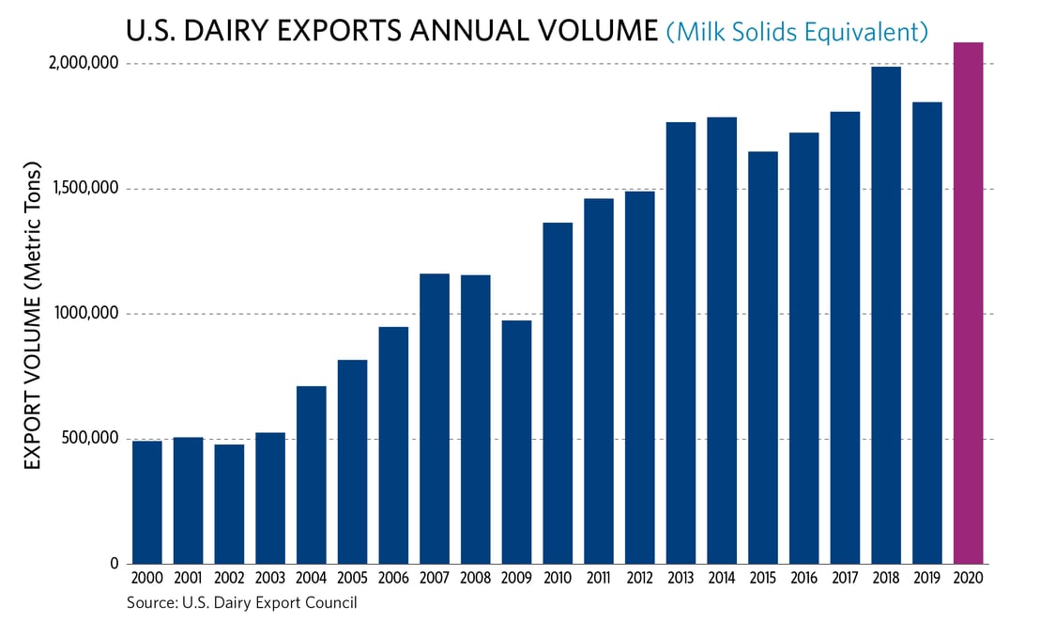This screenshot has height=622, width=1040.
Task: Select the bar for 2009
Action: tap(516, 442)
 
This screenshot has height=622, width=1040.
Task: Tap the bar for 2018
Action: tap(886, 315)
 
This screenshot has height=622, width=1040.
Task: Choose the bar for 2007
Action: tap(435, 418)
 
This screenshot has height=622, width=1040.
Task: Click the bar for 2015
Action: tap(763, 357)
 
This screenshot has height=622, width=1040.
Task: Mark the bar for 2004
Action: tap(312, 474)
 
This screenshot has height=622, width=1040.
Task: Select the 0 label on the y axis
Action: tap(115, 564)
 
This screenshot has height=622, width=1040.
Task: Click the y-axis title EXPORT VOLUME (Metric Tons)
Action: tap(33, 315)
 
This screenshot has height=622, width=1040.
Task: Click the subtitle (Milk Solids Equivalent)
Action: tap(797, 31)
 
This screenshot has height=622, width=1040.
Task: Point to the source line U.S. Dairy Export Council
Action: tap(242, 603)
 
